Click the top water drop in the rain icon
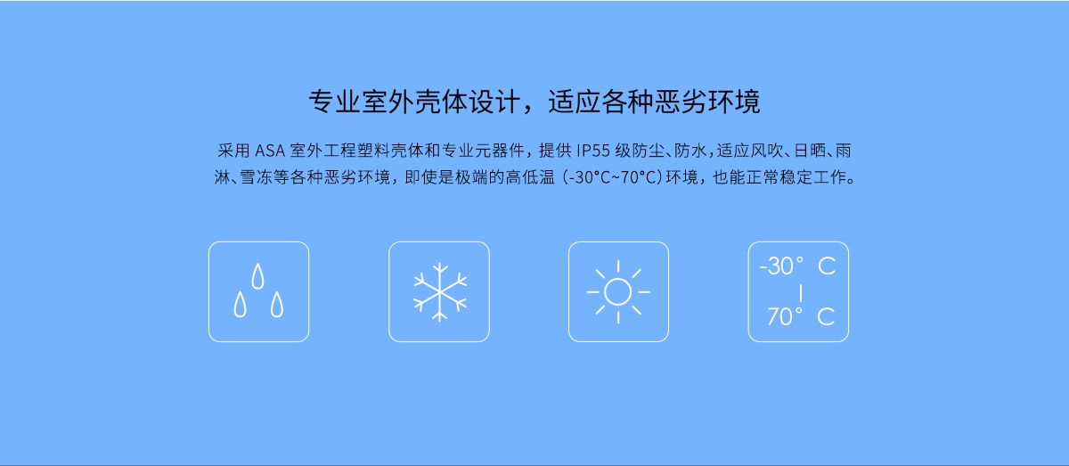(257, 276)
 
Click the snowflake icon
(439, 291)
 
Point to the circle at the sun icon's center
(617, 291)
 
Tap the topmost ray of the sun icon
(618, 266)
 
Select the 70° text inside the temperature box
(785, 316)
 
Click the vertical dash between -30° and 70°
(800, 292)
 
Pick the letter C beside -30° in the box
(827, 266)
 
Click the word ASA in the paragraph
(270, 151)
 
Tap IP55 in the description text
(593, 151)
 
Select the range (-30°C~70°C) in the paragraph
(612, 177)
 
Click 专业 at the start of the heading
(334, 102)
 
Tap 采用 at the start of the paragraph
(233, 151)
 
